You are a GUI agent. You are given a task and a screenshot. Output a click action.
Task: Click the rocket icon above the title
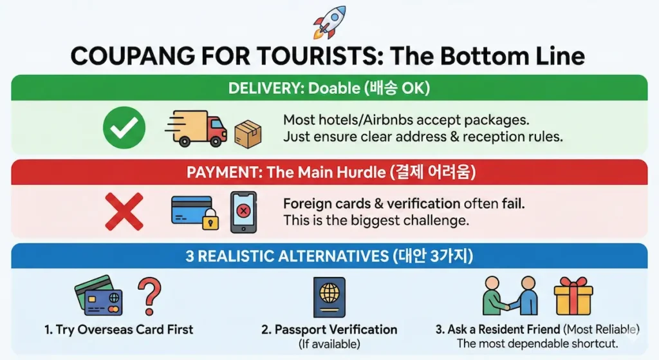click(x=330, y=22)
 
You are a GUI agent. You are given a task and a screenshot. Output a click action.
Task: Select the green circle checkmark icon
click(x=124, y=128)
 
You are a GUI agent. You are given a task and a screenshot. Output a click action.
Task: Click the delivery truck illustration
click(x=196, y=128)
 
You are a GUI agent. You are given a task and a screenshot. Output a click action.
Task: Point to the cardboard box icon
click(x=248, y=134)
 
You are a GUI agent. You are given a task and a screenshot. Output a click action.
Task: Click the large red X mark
click(x=124, y=211)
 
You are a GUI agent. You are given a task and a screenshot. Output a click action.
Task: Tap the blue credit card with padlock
click(x=195, y=213)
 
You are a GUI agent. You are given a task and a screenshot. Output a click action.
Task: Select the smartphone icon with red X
click(x=243, y=212)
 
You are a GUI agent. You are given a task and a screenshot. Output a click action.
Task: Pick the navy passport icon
click(x=329, y=297)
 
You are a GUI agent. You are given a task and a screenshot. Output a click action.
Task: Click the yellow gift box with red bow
click(x=573, y=296)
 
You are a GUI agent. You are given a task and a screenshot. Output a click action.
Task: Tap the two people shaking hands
click(x=510, y=296)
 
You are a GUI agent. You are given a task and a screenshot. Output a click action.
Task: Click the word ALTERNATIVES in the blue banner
click(x=334, y=256)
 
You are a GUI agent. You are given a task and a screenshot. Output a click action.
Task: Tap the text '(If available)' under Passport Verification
click(x=329, y=344)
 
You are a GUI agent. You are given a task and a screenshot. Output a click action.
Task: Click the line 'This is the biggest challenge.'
click(x=376, y=220)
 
